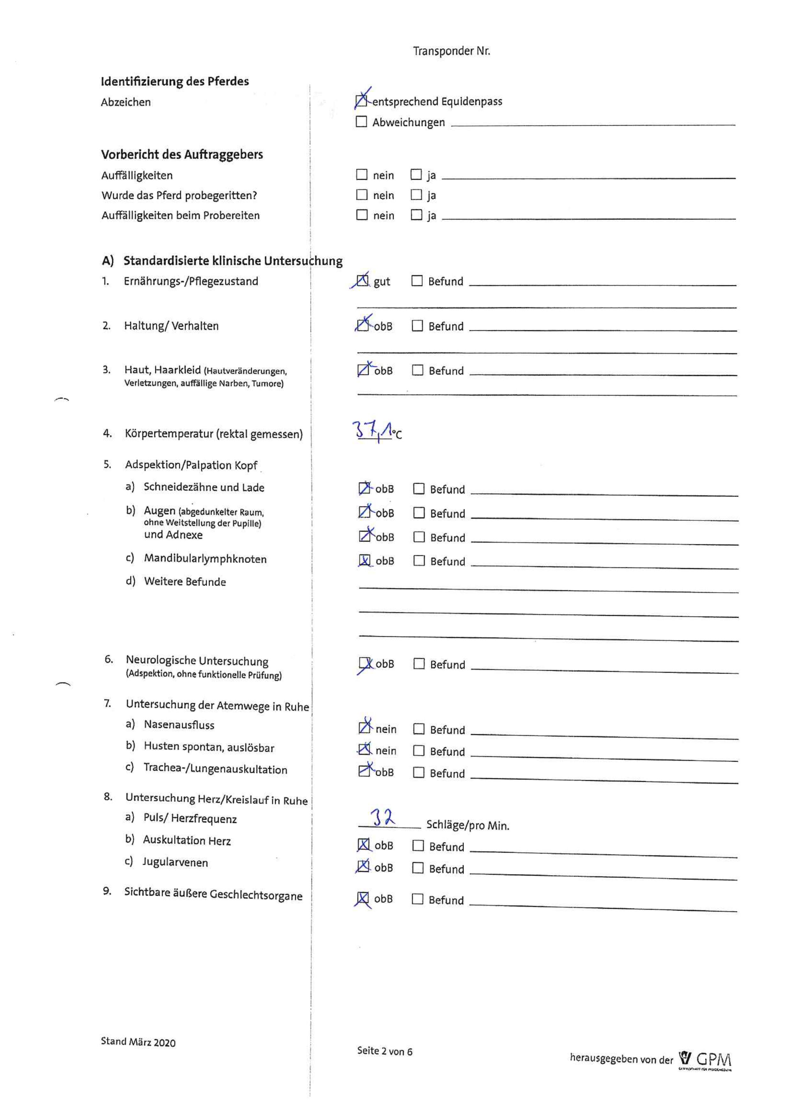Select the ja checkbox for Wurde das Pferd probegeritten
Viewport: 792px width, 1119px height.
pos(416,195)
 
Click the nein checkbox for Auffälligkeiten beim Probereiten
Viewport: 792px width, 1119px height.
pos(362,215)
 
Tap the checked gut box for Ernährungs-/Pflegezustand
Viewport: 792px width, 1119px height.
pos(362,281)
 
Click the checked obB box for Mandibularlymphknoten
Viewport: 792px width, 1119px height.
pos(364,561)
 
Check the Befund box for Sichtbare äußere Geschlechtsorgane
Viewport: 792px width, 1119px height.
pos(417,899)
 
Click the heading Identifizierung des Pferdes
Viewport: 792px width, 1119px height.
pos(175,81)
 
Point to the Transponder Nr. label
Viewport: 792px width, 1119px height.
pos(451,51)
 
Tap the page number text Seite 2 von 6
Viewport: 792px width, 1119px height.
pos(384,1051)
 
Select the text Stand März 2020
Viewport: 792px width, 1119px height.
pos(138,1042)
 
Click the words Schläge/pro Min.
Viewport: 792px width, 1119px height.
pos(468,825)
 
